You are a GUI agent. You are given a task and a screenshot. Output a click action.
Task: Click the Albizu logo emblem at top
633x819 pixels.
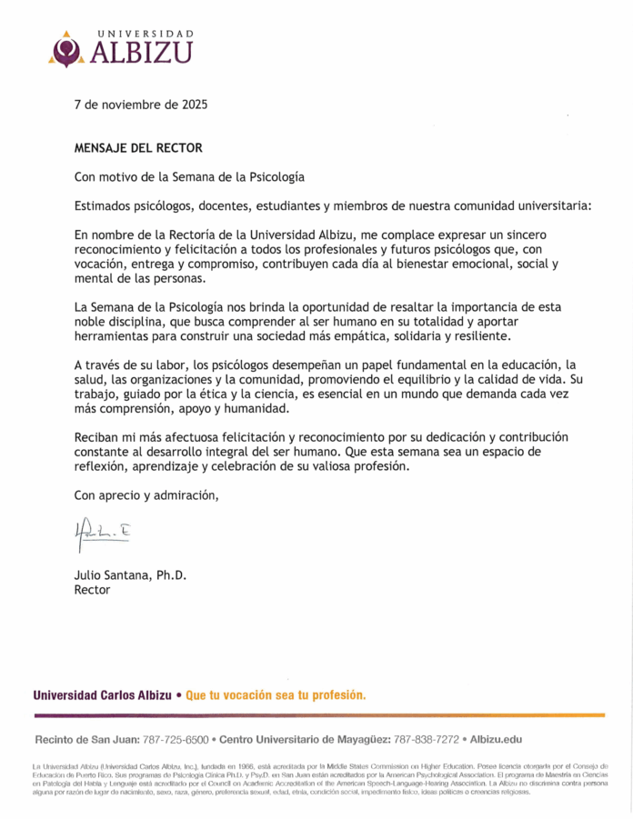(x=66, y=49)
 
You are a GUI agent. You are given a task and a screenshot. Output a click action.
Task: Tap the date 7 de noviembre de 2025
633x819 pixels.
(x=140, y=105)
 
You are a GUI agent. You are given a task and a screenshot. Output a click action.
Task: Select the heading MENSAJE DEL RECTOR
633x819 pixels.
(x=138, y=147)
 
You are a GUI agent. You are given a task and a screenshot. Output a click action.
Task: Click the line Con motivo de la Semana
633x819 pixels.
(x=188, y=176)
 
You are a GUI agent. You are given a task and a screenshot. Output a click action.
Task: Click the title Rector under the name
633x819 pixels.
(x=92, y=590)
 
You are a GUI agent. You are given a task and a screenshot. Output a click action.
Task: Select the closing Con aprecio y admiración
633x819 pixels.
(x=146, y=495)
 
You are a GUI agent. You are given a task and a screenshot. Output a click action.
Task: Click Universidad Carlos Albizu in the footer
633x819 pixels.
(x=102, y=695)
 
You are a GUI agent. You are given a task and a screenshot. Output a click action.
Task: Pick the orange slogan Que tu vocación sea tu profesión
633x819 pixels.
(x=276, y=695)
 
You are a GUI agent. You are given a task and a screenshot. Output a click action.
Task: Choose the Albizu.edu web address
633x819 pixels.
(x=496, y=740)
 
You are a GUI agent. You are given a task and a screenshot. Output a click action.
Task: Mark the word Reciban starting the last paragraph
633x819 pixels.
(x=98, y=438)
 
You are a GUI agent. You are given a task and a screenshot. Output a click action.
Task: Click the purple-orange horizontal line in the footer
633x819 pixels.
(x=318, y=715)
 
